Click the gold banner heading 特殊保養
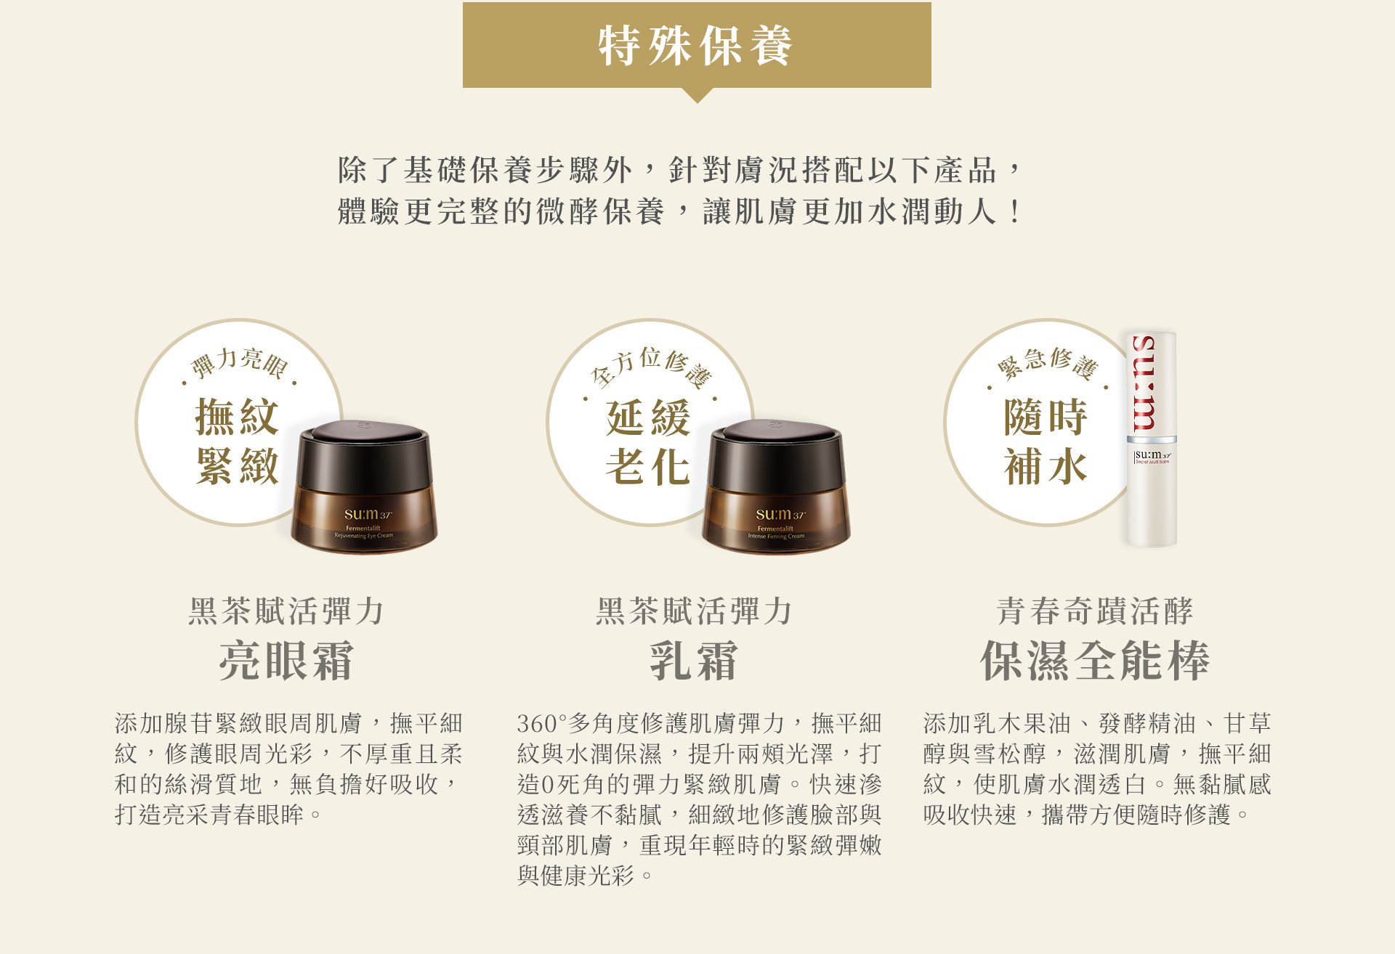pyautogui.click(x=696, y=45)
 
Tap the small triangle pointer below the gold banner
pyautogui.click(x=697, y=95)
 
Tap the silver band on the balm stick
pyautogui.click(x=1151, y=439)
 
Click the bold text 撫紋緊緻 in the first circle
pyautogui.click(x=237, y=441)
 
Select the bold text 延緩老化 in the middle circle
pyautogui.click(x=648, y=441)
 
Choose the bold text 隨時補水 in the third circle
pyautogui.click(x=1046, y=441)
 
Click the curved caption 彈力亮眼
pyautogui.click(x=239, y=362)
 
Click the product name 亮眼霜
pyautogui.click(x=286, y=661)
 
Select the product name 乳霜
pyautogui.click(x=694, y=661)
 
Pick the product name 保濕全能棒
pyautogui.click(x=1095, y=661)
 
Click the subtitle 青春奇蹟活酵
pyautogui.click(x=1095, y=611)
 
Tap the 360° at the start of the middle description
pyautogui.click(x=541, y=724)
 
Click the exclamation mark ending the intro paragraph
pyautogui.click(x=1014, y=212)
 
